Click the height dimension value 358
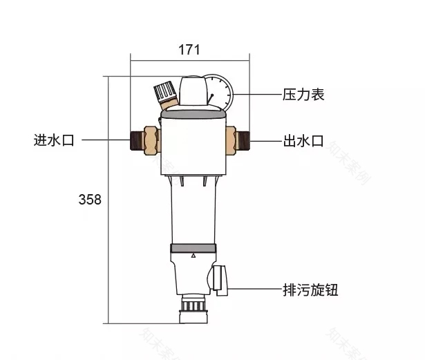click(x=90, y=200)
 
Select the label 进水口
click(x=53, y=140)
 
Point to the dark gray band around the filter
click(x=194, y=248)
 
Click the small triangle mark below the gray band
click(x=194, y=256)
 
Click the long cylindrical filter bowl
click(x=194, y=214)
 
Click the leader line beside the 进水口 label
click(x=104, y=140)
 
